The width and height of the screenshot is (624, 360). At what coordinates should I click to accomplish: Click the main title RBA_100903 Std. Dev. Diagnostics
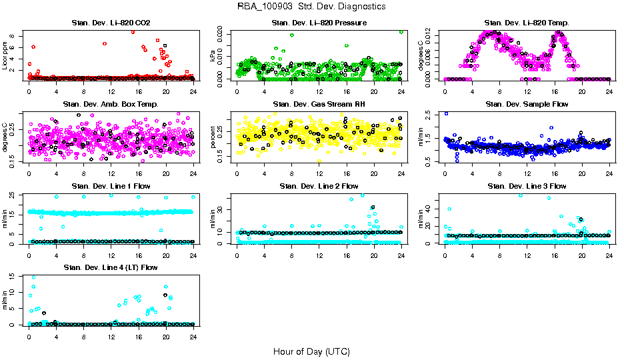tap(311, 7)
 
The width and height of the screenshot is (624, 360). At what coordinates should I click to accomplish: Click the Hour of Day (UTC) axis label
tap(311, 351)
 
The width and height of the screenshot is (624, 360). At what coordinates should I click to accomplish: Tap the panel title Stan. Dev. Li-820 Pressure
tap(319, 23)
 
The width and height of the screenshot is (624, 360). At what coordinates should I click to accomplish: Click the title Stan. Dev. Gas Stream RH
tap(319, 105)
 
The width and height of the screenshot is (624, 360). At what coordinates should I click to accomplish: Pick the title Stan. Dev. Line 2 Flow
tap(319, 186)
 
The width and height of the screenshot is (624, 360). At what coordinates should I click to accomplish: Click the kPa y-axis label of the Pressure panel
tap(213, 56)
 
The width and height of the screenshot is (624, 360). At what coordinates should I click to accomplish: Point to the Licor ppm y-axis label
tap(5, 56)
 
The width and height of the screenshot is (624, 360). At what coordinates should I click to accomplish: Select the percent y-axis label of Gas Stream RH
tap(213, 137)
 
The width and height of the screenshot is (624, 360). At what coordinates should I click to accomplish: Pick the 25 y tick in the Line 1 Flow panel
tap(15, 195)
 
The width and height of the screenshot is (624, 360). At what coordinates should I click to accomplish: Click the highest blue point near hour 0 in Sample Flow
tap(445, 114)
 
